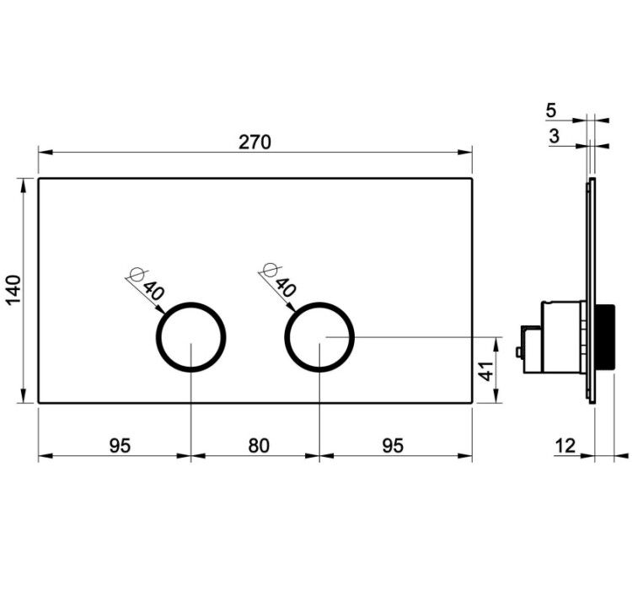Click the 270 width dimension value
[254, 142]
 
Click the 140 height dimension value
[13, 290]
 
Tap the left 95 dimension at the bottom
[121, 446]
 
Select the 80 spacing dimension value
[259, 446]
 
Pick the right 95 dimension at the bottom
[393, 446]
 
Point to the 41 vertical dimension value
[487, 371]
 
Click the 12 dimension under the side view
[565, 446]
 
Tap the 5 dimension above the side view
[551, 110]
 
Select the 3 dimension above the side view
[554, 136]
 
